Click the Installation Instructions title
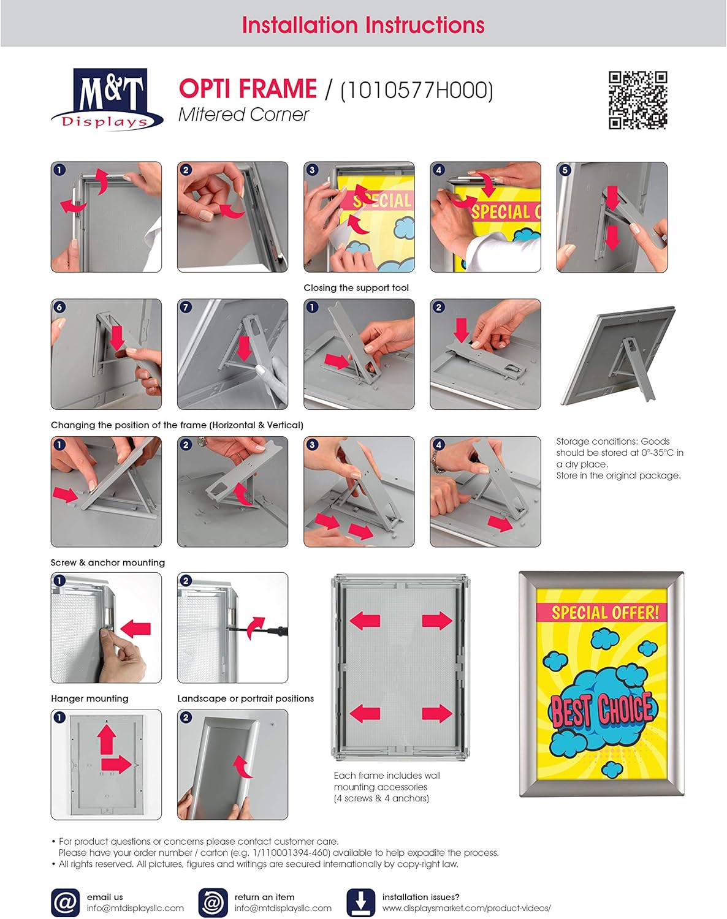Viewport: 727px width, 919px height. pyautogui.click(x=363, y=25)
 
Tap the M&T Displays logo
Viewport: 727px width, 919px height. pyautogui.click(x=107, y=99)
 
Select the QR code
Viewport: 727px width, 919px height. pyautogui.click(x=638, y=100)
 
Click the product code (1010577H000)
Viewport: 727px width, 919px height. pyautogui.click(x=416, y=90)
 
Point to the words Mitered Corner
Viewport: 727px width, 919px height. pyautogui.click(x=243, y=115)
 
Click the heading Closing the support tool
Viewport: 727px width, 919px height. pyautogui.click(x=356, y=288)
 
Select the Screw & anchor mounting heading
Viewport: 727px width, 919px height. pyautogui.click(x=108, y=562)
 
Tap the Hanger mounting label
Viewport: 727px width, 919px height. pyautogui.click(x=89, y=698)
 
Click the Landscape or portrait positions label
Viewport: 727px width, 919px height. pyautogui.click(x=245, y=698)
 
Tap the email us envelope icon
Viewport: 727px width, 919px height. pyautogui.click(x=65, y=902)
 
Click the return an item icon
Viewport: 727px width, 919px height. pyautogui.click(x=213, y=902)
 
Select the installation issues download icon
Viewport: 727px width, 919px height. pyautogui.click(x=360, y=902)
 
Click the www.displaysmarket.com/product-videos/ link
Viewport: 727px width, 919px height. pyautogui.click(x=466, y=908)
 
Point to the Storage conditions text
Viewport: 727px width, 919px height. pyautogui.click(x=619, y=458)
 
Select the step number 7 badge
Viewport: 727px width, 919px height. pyautogui.click(x=186, y=307)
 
